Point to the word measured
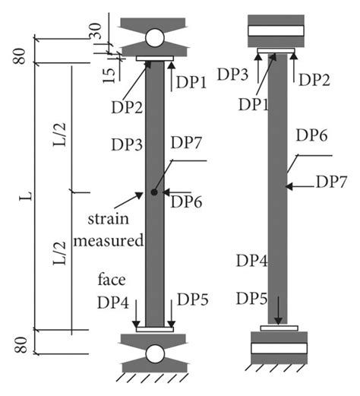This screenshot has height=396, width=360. coord(111,242)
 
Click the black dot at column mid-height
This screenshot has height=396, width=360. coord(154,192)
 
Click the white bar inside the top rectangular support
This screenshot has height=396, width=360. coord(276,31)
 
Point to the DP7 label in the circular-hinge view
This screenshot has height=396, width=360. coord(186,142)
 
